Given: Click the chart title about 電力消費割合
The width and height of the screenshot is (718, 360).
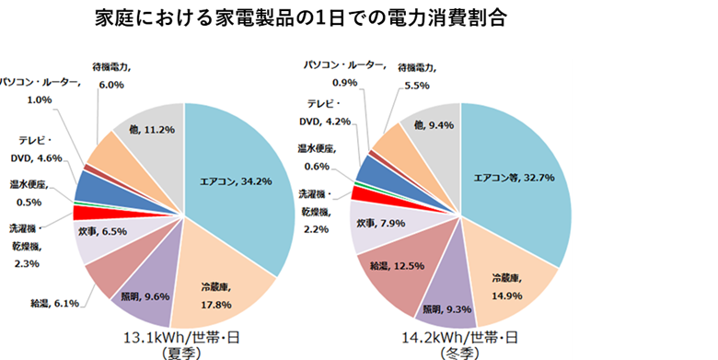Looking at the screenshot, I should point(300,18).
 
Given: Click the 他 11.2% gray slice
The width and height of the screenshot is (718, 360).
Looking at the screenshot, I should point(152,130).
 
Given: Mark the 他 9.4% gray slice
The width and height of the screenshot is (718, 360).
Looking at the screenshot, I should point(433,125).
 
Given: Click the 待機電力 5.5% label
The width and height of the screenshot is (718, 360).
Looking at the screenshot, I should point(418,75).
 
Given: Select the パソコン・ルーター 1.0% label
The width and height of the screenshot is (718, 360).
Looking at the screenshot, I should point(41,90).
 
